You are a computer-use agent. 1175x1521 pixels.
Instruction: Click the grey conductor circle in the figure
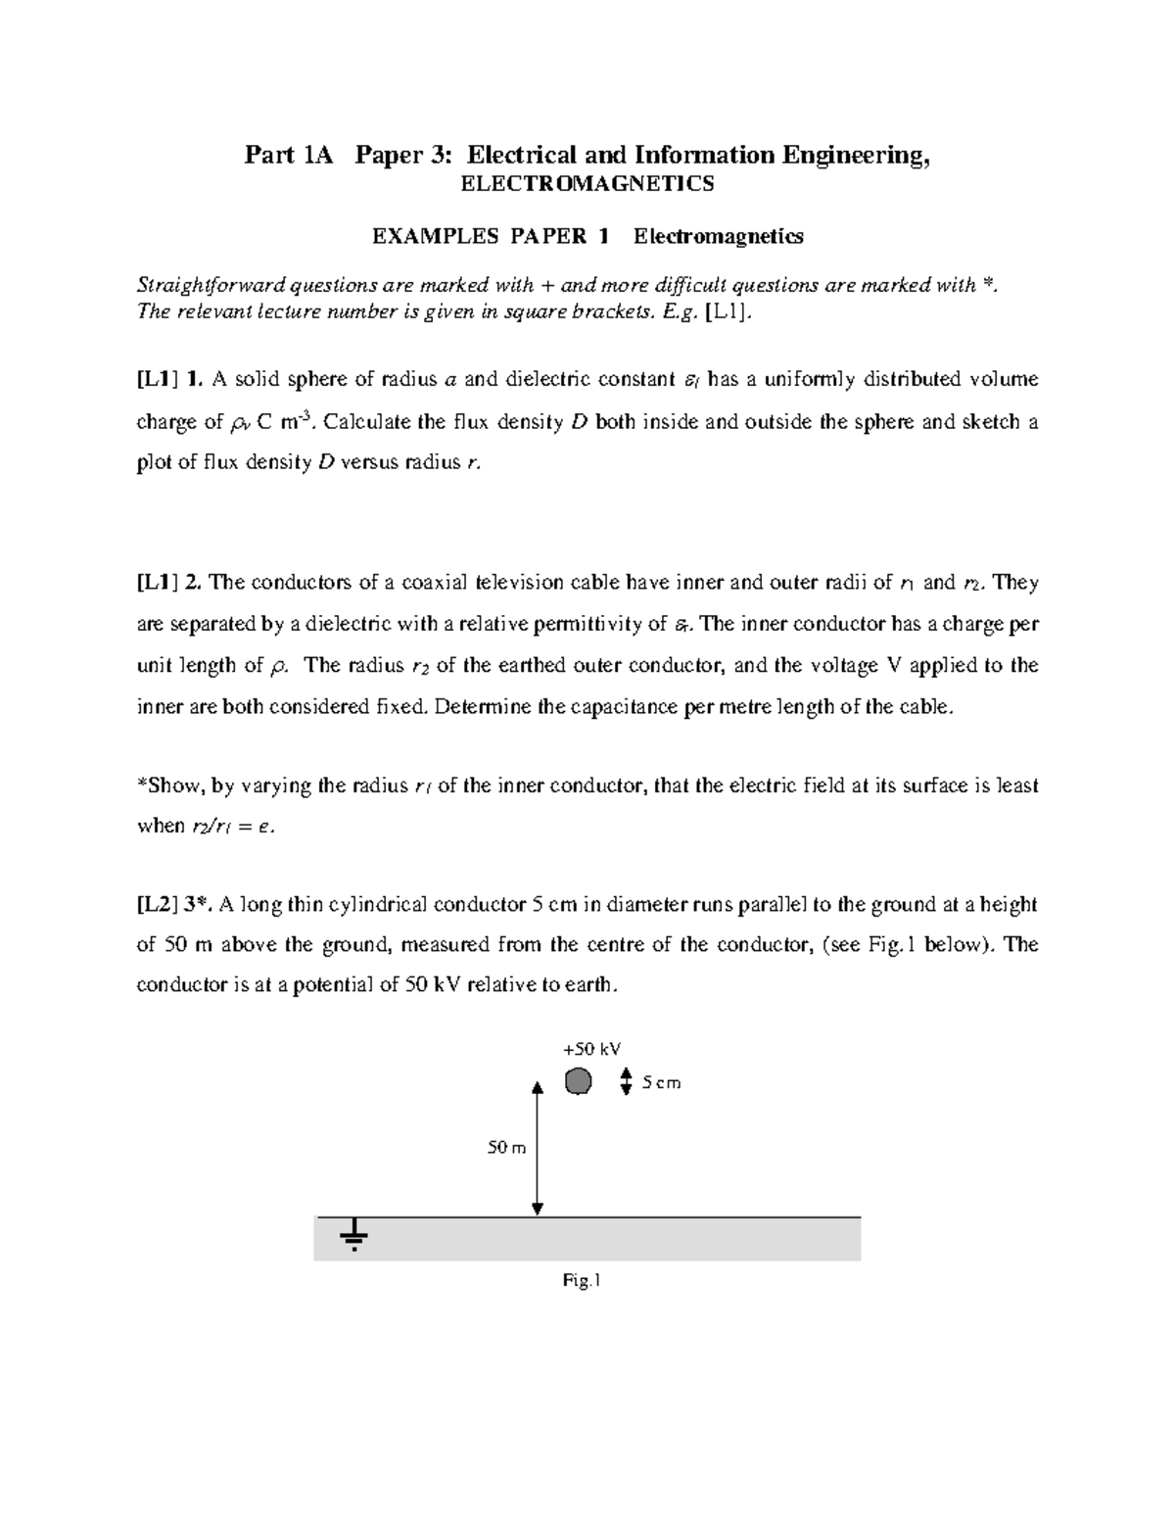(579, 1081)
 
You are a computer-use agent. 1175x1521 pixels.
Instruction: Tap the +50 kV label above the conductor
(591, 1049)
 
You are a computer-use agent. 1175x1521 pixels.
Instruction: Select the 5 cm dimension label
(661, 1083)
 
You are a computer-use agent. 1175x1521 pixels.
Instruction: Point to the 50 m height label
(506, 1147)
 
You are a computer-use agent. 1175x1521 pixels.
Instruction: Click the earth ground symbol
(353, 1234)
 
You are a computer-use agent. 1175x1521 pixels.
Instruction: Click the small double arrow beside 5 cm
(627, 1082)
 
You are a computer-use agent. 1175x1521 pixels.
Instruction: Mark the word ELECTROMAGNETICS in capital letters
(587, 183)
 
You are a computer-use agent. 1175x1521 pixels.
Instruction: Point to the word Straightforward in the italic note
(201, 285)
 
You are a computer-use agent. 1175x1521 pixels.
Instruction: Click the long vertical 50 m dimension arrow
(537, 1148)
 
